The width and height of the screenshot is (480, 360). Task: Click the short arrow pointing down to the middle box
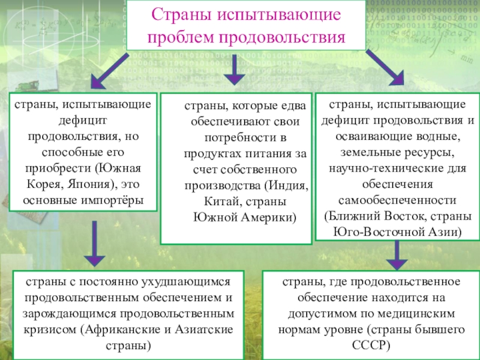(x=235, y=71)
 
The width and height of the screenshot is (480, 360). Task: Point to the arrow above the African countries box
(x=94, y=243)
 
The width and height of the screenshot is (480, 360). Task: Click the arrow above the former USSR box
(x=396, y=255)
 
